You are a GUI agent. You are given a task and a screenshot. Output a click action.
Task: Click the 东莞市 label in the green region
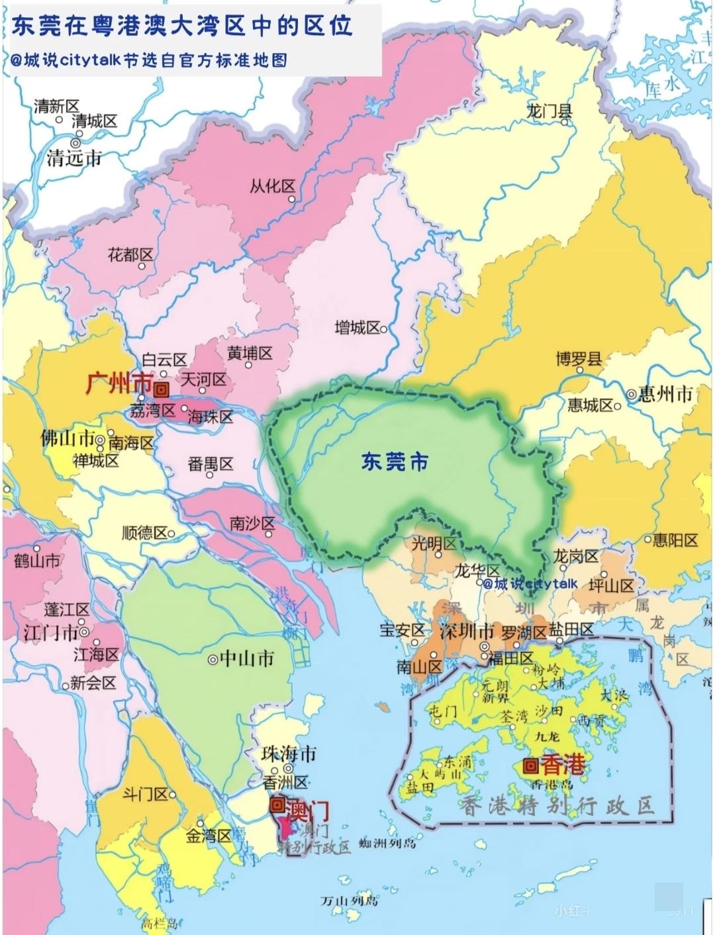point(395,462)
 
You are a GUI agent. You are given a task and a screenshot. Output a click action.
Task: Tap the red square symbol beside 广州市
point(162,389)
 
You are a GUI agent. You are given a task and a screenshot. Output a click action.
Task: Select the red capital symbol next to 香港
point(530,766)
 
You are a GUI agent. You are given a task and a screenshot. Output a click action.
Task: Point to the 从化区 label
point(272,187)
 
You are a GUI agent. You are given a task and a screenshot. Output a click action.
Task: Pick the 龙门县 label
point(549,111)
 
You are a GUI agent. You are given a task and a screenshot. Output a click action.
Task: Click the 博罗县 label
point(579,360)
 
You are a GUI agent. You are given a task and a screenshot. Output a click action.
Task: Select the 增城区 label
point(358,327)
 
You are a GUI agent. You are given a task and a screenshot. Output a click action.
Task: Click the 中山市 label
point(246,659)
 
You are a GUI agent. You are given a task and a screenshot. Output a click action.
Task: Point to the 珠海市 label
point(289,754)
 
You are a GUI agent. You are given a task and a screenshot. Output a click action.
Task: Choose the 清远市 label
point(74,158)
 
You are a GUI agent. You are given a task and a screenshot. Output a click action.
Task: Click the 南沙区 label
point(252,524)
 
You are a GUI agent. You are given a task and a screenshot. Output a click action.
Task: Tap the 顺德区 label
point(145,533)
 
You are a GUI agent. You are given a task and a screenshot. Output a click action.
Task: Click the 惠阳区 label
point(675,540)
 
